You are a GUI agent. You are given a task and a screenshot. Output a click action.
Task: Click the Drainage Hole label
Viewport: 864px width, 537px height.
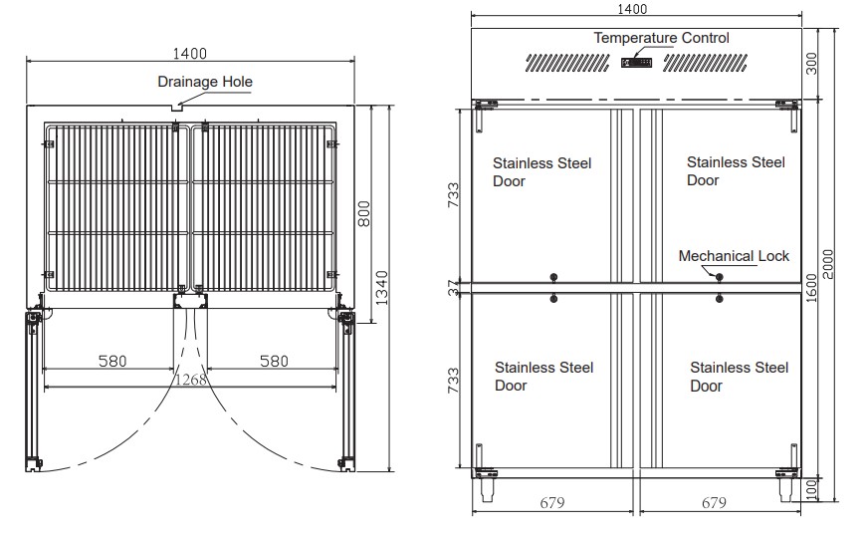pyautogui.click(x=205, y=82)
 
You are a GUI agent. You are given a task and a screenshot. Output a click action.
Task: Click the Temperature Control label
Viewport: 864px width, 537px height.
pyautogui.click(x=661, y=38)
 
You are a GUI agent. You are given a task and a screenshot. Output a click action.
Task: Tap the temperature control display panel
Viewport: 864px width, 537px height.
pyautogui.click(x=636, y=63)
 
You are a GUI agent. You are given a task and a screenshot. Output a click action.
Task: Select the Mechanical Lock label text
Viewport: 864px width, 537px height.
pyautogui.click(x=734, y=256)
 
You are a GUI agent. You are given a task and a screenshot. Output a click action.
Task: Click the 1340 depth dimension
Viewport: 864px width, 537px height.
pyautogui.click(x=382, y=288)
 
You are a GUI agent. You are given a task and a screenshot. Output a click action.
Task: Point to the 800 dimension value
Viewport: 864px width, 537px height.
pyautogui.click(x=364, y=214)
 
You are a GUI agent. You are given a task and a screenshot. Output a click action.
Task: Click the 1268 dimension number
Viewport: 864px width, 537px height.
pyautogui.click(x=191, y=380)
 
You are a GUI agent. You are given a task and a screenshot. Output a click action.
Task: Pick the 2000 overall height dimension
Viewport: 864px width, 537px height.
pyautogui.click(x=827, y=264)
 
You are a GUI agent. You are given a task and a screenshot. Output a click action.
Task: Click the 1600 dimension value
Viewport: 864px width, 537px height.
pyautogui.click(x=811, y=288)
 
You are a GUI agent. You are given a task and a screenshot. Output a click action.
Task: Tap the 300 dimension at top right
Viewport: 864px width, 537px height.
pyautogui.click(x=811, y=64)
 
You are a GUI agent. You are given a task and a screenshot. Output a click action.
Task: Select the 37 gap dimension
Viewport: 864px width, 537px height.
pyautogui.click(x=454, y=288)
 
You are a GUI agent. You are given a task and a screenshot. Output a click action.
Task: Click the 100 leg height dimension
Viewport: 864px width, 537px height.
pyautogui.click(x=811, y=489)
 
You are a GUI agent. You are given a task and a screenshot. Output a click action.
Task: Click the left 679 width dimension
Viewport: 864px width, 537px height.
pyautogui.click(x=552, y=502)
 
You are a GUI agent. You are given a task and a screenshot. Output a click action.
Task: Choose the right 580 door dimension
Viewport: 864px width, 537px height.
pyautogui.click(x=274, y=361)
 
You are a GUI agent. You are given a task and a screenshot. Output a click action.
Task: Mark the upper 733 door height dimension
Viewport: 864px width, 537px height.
pyautogui.click(x=453, y=195)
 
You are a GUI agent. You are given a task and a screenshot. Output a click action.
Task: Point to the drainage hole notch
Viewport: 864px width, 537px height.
pyautogui.click(x=176, y=108)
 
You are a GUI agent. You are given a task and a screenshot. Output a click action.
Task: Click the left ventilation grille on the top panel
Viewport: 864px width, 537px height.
pyautogui.click(x=567, y=63)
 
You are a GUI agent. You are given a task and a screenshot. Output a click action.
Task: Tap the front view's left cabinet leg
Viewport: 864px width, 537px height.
pyautogui.click(x=487, y=489)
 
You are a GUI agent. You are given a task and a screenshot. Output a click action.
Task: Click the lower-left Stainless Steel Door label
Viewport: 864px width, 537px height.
pyautogui.click(x=543, y=377)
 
